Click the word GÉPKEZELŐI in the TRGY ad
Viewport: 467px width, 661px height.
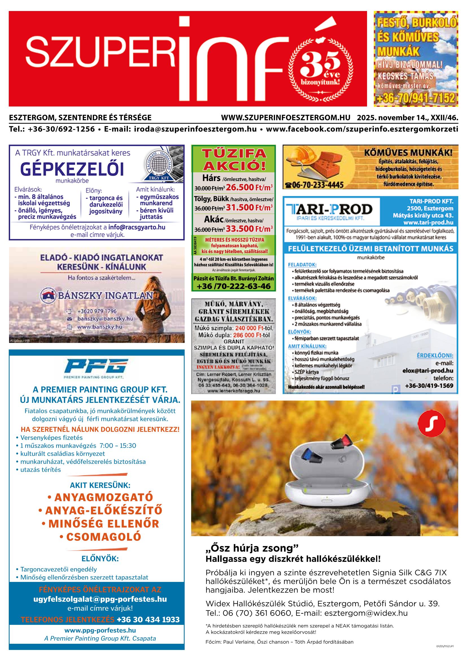(x=72, y=169)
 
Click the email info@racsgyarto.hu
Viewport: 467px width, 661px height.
(x=137, y=227)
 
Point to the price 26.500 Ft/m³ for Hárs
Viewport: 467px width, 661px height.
(x=249, y=187)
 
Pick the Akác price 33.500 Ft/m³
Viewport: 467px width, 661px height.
(x=249, y=229)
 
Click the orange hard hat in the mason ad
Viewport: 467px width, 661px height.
(x=299, y=156)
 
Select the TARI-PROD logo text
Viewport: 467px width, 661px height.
(x=329, y=209)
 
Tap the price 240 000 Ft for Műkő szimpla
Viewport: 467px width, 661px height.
(x=249, y=328)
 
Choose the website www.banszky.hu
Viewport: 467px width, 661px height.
(x=100, y=327)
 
